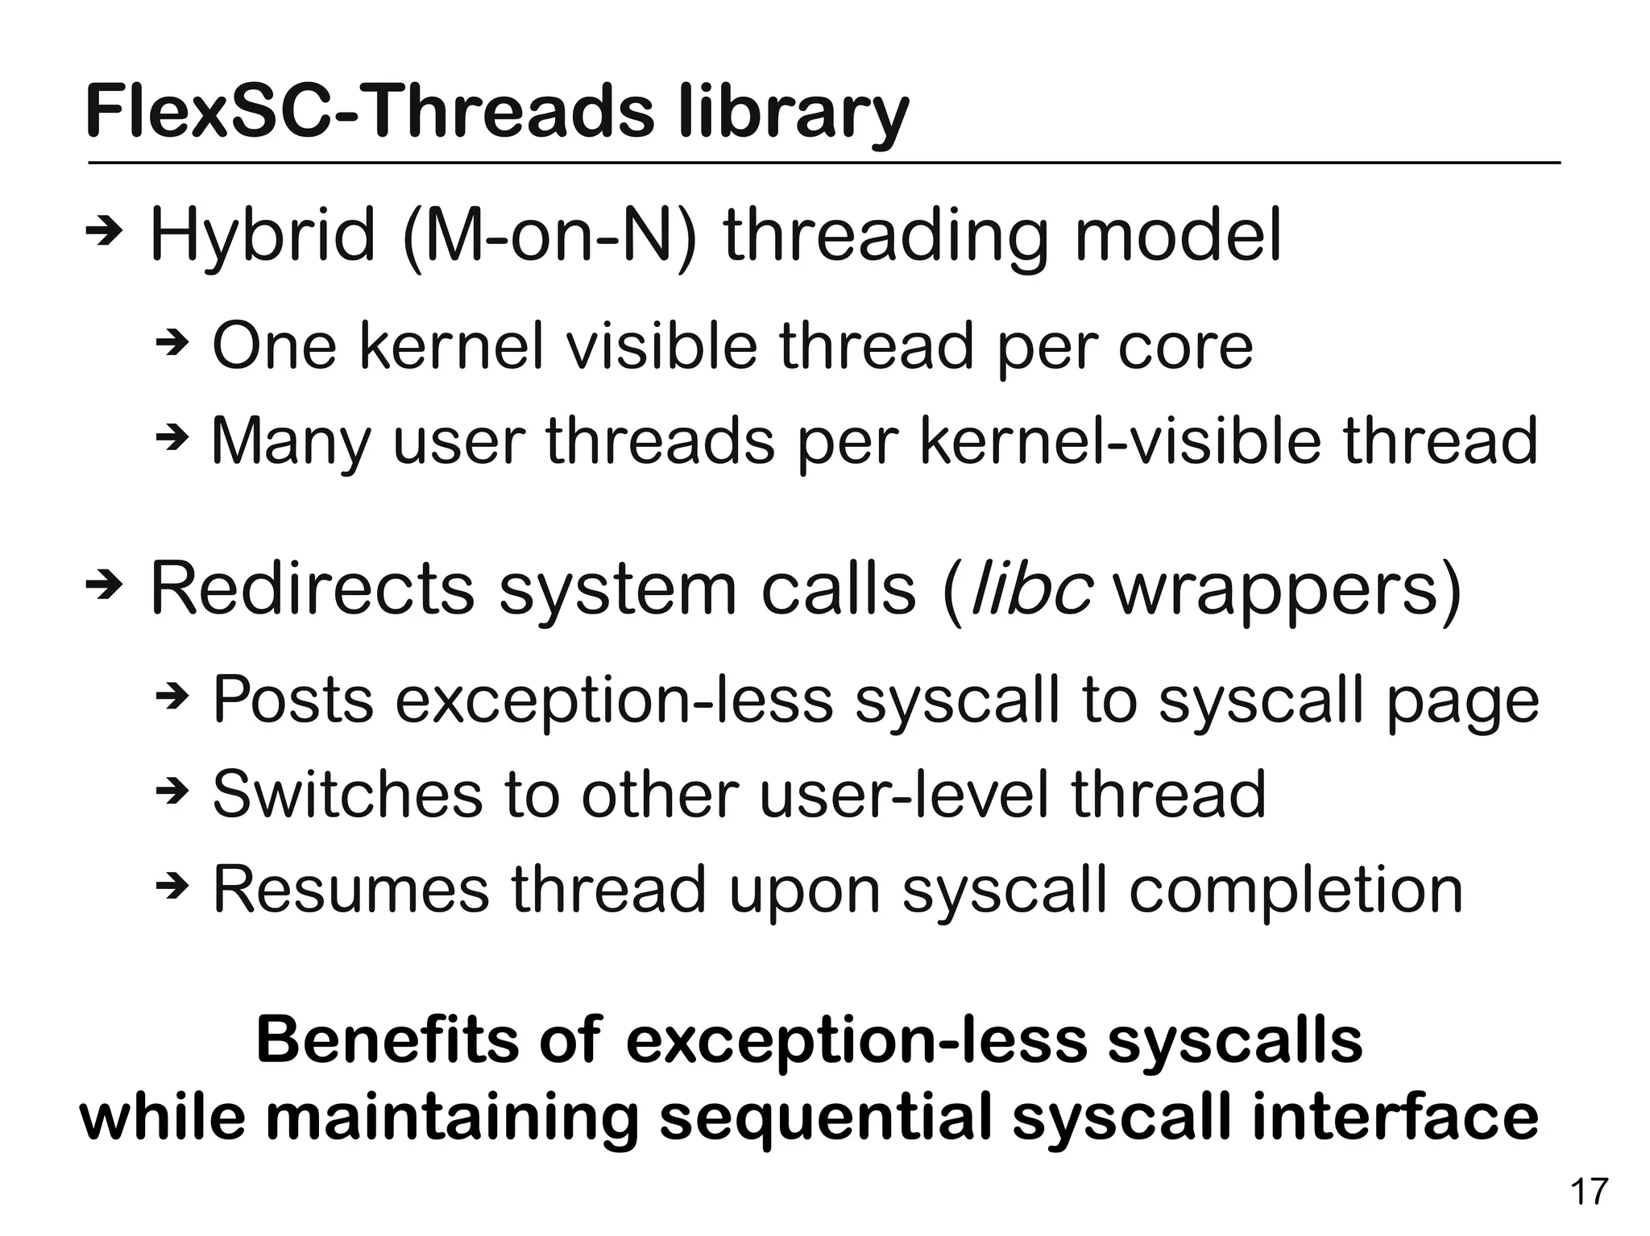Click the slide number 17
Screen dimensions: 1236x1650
1589,1191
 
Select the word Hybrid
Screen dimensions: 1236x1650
263,235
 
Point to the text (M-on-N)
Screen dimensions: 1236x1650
549,235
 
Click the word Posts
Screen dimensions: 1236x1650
293,699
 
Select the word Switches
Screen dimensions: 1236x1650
346,794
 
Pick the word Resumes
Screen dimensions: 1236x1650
351,889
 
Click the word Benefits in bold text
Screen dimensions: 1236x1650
386,1040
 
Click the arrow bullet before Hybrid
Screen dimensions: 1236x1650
104,233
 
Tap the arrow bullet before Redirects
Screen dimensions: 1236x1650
104,587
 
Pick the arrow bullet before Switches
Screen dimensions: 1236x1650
172,793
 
